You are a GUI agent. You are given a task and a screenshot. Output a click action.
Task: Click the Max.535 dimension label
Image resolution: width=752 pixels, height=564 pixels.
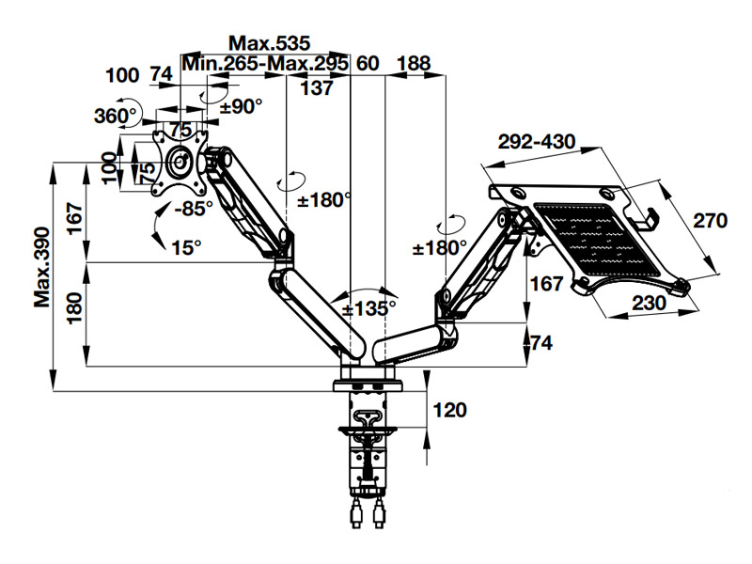(x=270, y=43)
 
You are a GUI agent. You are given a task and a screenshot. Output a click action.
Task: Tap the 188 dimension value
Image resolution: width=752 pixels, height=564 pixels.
(x=414, y=64)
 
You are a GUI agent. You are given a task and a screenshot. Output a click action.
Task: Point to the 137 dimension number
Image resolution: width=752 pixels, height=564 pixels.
(x=318, y=88)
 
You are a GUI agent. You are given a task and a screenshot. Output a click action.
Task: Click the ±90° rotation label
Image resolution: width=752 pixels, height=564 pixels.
(x=241, y=106)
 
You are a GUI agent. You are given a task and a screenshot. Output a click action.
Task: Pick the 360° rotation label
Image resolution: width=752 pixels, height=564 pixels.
(x=116, y=117)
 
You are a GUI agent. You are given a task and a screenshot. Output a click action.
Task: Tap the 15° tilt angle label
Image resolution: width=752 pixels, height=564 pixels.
(x=187, y=247)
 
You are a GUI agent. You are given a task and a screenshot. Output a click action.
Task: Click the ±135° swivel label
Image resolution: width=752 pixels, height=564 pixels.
(x=368, y=307)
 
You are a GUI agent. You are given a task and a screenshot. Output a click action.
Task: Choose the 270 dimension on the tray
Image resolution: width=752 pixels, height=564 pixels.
(x=711, y=222)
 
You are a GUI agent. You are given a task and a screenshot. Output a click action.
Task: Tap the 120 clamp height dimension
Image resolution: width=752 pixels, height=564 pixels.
(x=450, y=410)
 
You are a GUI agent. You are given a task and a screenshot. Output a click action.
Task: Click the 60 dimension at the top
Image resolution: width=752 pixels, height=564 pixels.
(x=368, y=64)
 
